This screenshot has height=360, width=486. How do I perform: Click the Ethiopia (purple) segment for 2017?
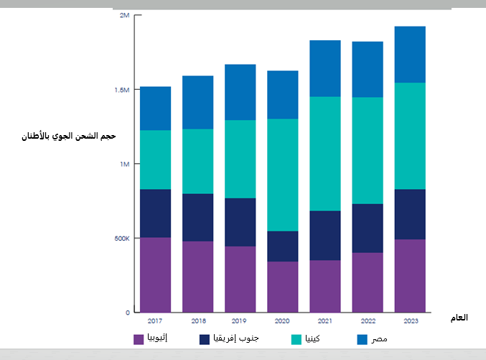[155, 274]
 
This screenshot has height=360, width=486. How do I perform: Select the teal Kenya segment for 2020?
[282, 175]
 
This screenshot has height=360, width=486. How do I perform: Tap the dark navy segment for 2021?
[324, 235]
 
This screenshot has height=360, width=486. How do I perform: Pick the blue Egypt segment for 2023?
[410, 55]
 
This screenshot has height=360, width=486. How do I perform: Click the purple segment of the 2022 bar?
[367, 282]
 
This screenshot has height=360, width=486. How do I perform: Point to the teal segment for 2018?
[197, 161]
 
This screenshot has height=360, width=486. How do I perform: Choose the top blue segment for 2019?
[240, 92]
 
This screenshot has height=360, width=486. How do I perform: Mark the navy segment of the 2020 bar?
[282, 246]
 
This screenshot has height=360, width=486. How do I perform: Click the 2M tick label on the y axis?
[124, 16]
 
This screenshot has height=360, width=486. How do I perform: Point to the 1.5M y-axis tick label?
[122, 90]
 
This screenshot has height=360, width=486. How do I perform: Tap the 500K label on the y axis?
[121, 239]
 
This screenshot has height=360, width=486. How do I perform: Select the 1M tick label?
[124, 164]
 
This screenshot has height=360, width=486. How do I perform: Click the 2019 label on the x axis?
[240, 321]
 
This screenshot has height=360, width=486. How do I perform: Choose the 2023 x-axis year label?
[410, 321]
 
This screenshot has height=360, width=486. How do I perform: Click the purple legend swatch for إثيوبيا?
[139, 338]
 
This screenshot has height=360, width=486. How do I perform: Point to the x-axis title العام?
[457, 317]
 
